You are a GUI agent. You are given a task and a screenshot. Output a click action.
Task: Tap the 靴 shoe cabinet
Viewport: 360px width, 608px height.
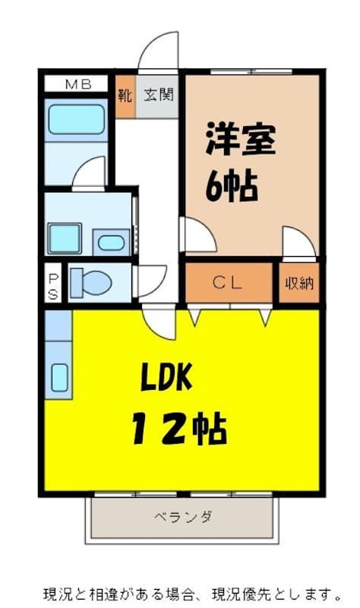coord(125,96)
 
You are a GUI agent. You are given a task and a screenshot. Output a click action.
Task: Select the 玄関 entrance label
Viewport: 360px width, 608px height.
coord(158,96)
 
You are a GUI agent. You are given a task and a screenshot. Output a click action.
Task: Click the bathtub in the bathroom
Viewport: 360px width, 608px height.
coord(76,119)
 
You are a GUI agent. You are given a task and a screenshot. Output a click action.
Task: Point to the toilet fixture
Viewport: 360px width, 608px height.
coord(91,283)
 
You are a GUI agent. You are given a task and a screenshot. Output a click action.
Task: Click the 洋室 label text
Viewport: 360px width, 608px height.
coord(239,139)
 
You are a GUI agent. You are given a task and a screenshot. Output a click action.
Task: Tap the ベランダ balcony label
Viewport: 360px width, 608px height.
coord(182,518)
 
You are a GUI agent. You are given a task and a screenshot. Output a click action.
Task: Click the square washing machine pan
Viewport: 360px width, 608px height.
coord(64,239)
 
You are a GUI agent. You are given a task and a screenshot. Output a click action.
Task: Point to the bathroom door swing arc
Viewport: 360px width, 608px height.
coord(89,172)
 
